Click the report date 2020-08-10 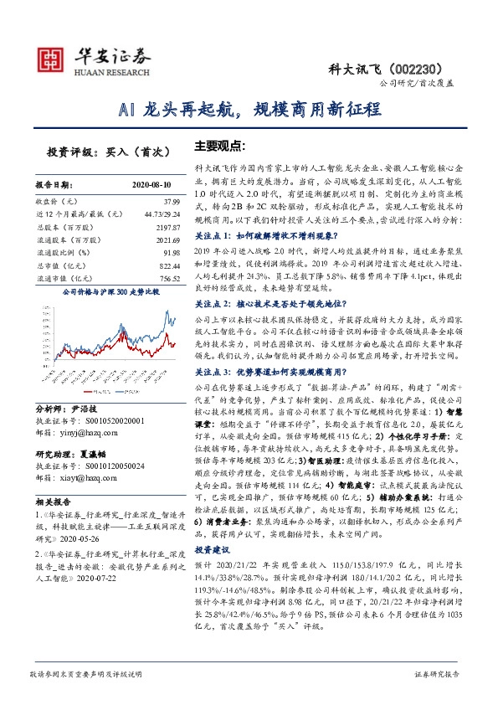pyautogui.click(x=151, y=184)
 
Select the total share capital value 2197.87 pyautogui.click(x=167, y=227)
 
